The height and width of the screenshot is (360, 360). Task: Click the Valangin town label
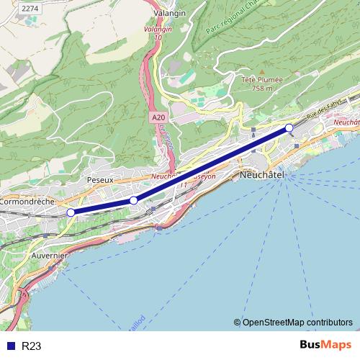170,13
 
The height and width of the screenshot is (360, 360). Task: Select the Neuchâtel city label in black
261,175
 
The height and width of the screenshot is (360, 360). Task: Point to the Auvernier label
50,256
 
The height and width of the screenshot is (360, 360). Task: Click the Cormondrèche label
27,202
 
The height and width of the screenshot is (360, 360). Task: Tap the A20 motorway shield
158,117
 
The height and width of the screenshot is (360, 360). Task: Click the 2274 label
30,8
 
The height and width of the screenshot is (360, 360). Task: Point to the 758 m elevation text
262,89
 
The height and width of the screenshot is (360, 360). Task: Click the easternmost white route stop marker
289,128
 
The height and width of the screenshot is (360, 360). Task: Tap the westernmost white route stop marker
71,212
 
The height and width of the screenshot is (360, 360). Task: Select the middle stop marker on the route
133,200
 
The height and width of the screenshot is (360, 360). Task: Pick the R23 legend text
32,346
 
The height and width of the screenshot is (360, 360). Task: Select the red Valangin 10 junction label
158,29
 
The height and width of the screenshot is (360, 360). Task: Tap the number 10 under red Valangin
158,37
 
